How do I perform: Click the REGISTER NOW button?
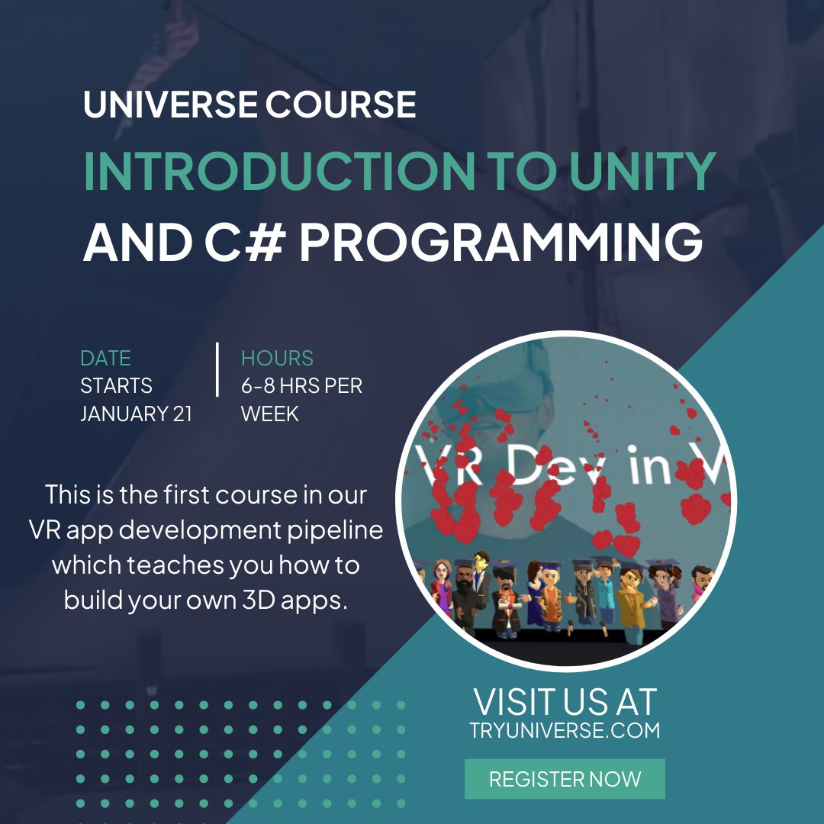pyautogui.click(x=565, y=779)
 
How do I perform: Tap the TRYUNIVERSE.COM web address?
pyautogui.click(x=565, y=730)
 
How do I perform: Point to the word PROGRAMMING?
pyautogui.click(x=501, y=243)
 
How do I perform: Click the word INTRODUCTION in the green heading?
pyautogui.click(x=279, y=172)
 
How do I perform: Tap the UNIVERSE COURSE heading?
pyautogui.click(x=249, y=105)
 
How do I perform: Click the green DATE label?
pyautogui.click(x=105, y=359)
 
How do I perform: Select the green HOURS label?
pyautogui.click(x=277, y=359)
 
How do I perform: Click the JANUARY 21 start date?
pyautogui.click(x=137, y=414)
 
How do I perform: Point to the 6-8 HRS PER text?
pyautogui.click(x=301, y=386)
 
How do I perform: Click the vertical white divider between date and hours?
pyautogui.click(x=217, y=370)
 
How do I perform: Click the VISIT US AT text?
pyautogui.click(x=565, y=700)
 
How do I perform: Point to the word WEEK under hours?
pyautogui.click(x=270, y=414)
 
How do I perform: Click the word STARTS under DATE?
pyautogui.click(x=116, y=386)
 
